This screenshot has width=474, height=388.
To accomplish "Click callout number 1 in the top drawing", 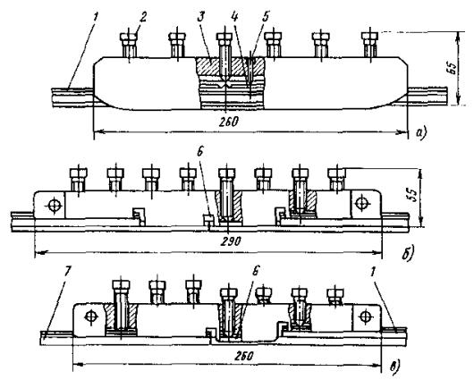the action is (95, 19).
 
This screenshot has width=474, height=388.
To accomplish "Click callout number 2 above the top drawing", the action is (143, 18).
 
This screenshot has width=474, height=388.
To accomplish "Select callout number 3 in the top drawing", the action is (200, 18).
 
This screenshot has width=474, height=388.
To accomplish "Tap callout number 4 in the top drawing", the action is (234, 18).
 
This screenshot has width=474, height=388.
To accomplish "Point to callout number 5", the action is (265, 18).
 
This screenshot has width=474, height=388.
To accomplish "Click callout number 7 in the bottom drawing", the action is (67, 272).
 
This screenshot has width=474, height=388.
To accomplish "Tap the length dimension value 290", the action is (232, 241).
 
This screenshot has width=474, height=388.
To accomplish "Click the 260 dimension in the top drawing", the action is (230, 122).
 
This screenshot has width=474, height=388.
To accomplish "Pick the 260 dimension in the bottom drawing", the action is (243, 356).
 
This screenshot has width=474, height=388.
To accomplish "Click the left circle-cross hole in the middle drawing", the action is (55, 206).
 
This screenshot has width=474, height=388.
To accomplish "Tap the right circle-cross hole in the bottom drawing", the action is (366, 316).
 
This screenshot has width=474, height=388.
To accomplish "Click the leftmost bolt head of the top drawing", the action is (129, 38).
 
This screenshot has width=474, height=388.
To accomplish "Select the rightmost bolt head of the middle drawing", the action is (337, 173).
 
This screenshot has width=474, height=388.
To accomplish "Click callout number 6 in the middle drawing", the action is (199, 152).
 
